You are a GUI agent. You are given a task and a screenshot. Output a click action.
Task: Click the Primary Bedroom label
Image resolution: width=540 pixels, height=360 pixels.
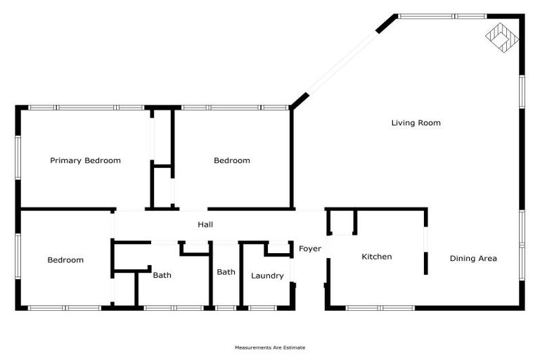click(85, 160)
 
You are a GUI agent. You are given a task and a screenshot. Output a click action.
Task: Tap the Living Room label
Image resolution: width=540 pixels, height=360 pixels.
click(416, 123)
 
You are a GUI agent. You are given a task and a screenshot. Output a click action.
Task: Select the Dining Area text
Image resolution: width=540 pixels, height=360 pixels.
click(473, 258)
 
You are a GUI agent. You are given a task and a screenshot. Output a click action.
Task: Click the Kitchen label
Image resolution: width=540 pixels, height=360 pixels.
click(376, 257)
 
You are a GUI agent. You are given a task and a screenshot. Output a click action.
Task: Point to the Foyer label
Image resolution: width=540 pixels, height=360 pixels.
click(310, 249)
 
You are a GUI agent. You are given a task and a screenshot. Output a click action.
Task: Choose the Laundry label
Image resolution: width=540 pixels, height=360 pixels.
click(267, 276)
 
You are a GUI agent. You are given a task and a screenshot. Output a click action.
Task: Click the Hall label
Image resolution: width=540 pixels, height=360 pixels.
click(205, 224)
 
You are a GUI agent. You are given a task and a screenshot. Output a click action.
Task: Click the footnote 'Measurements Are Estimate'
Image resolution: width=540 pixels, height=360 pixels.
click(270, 347)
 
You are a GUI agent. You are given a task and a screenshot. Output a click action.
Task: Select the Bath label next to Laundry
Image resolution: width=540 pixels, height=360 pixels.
click(226, 272)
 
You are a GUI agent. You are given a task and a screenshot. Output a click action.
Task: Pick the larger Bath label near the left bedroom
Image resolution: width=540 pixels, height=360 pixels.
click(162, 276)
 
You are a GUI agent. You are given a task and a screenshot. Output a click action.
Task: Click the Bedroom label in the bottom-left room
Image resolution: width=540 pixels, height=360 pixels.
click(65, 260)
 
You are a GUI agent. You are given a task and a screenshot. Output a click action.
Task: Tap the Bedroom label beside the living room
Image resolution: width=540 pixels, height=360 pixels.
click(231, 160)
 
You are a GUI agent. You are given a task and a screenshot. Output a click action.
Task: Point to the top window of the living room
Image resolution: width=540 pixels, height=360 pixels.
click(442, 15)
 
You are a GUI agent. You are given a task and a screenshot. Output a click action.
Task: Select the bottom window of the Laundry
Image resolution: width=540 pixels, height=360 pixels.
click(264, 307)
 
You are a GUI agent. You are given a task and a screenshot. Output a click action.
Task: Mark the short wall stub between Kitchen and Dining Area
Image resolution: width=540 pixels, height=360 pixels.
click(426, 262)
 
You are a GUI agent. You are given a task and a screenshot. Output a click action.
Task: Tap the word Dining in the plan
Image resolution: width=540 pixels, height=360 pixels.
click(462, 258)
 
